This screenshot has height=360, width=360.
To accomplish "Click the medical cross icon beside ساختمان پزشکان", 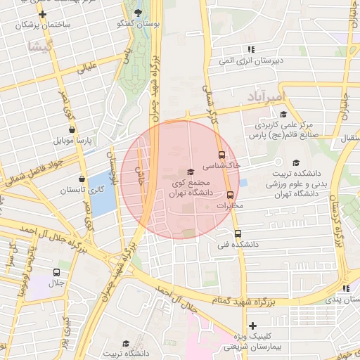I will (43, 13).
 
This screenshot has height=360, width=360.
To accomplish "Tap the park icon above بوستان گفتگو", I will (137, 12).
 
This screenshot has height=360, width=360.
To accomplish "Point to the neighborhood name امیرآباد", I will (269, 94).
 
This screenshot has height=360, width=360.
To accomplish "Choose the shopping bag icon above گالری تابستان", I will (82, 179).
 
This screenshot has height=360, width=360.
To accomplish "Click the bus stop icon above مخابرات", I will (230, 195).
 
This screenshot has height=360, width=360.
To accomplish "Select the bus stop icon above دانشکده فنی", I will (237, 233).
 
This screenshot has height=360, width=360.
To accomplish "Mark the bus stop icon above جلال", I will (56, 272).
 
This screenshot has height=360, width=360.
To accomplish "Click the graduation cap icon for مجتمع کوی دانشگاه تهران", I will (190, 172).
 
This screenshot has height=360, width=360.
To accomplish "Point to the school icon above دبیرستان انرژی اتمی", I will (251, 49).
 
